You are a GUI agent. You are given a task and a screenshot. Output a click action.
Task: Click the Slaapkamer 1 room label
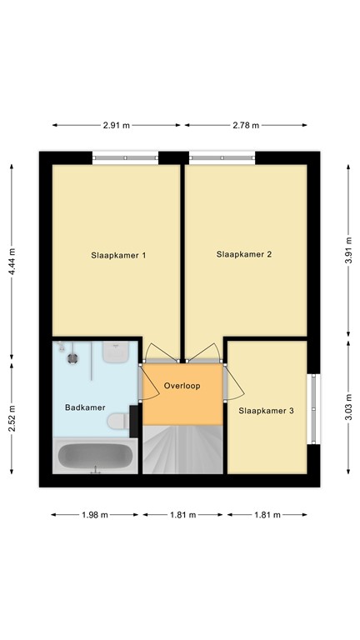pyautogui.click(x=118, y=255)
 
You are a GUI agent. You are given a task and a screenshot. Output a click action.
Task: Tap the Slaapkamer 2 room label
pyautogui.click(x=244, y=254)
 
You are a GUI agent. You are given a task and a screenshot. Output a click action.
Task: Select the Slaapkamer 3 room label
pyautogui.click(x=266, y=410)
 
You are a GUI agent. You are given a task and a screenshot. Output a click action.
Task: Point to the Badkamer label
pyautogui.click(x=85, y=407)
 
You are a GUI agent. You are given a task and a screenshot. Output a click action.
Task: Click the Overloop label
pyautogui.click(x=182, y=387)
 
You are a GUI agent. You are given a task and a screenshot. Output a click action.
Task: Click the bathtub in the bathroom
pyautogui.click(x=95, y=456)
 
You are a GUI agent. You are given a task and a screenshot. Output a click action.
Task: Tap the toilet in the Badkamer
pyautogui.click(x=121, y=419)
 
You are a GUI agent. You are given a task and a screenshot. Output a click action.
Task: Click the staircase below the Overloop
pyautogui.click(x=182, y=449)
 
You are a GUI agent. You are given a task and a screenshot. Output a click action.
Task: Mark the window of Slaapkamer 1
pyautogui.click(x=125, y=157)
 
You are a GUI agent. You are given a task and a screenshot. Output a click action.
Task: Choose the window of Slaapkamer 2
pyautogui.click(x=222, y=157)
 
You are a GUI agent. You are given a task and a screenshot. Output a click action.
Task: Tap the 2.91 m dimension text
pyautogui.click(x=117, y=125)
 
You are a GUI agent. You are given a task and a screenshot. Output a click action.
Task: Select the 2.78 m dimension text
pyautogui.click(x=245, y=125)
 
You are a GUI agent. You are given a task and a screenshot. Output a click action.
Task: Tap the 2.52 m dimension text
pyautogui.click(x=12, y=414)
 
